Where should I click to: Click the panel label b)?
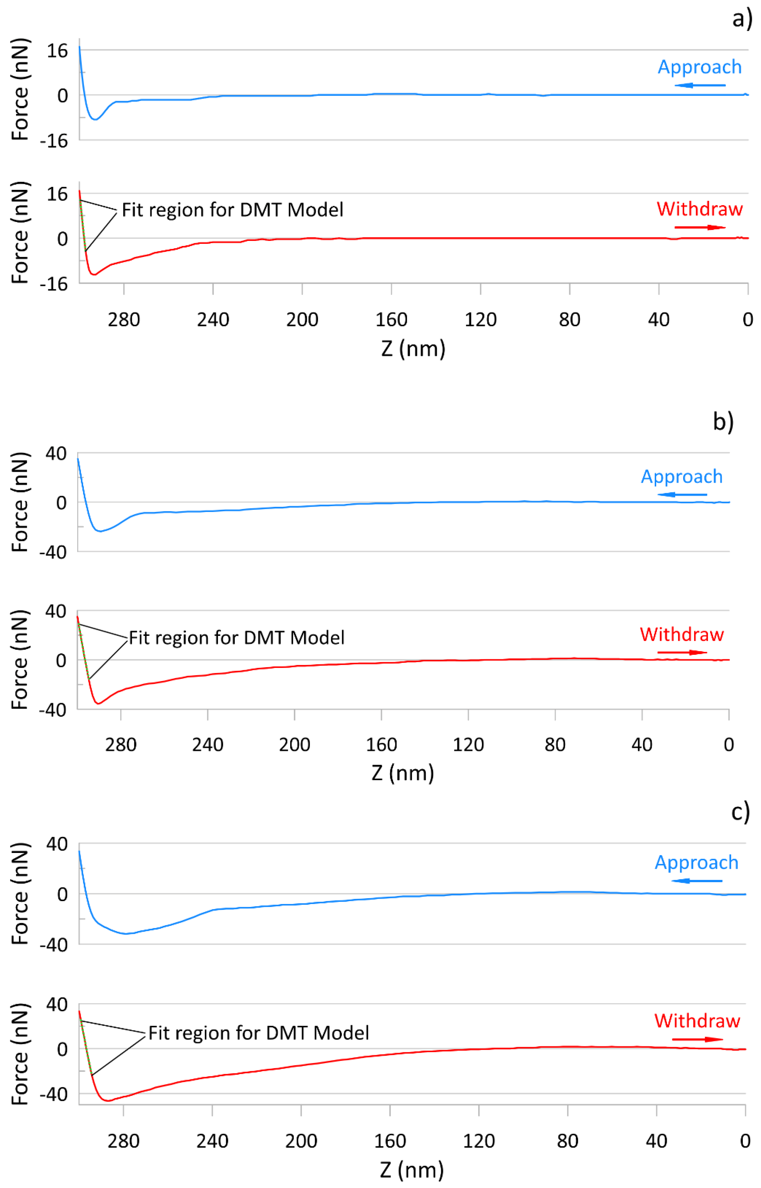click(x=723, y=421)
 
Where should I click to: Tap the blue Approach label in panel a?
click(x=699, y=67)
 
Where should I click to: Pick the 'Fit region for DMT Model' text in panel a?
click(x=232, y=210)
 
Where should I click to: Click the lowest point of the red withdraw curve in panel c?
click(x=108, y=1101)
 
